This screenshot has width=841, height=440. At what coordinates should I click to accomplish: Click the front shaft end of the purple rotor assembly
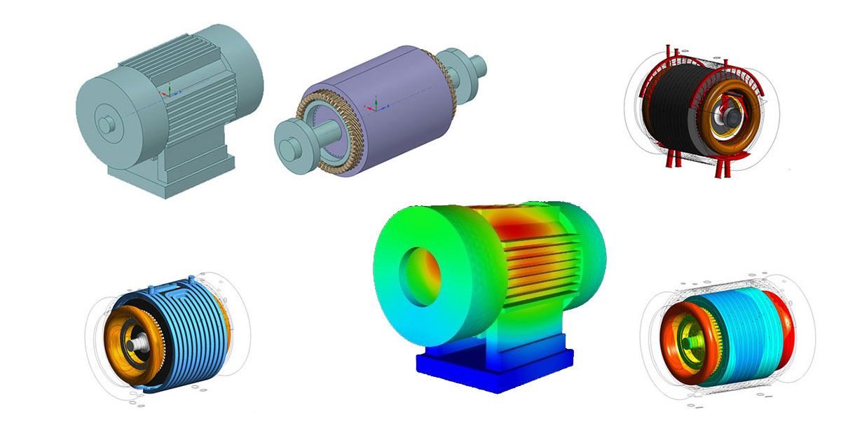click(288, 147)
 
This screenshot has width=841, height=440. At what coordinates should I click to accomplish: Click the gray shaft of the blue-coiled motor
click(132, 343)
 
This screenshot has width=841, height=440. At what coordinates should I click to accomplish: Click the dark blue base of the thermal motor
click(494, 368)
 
